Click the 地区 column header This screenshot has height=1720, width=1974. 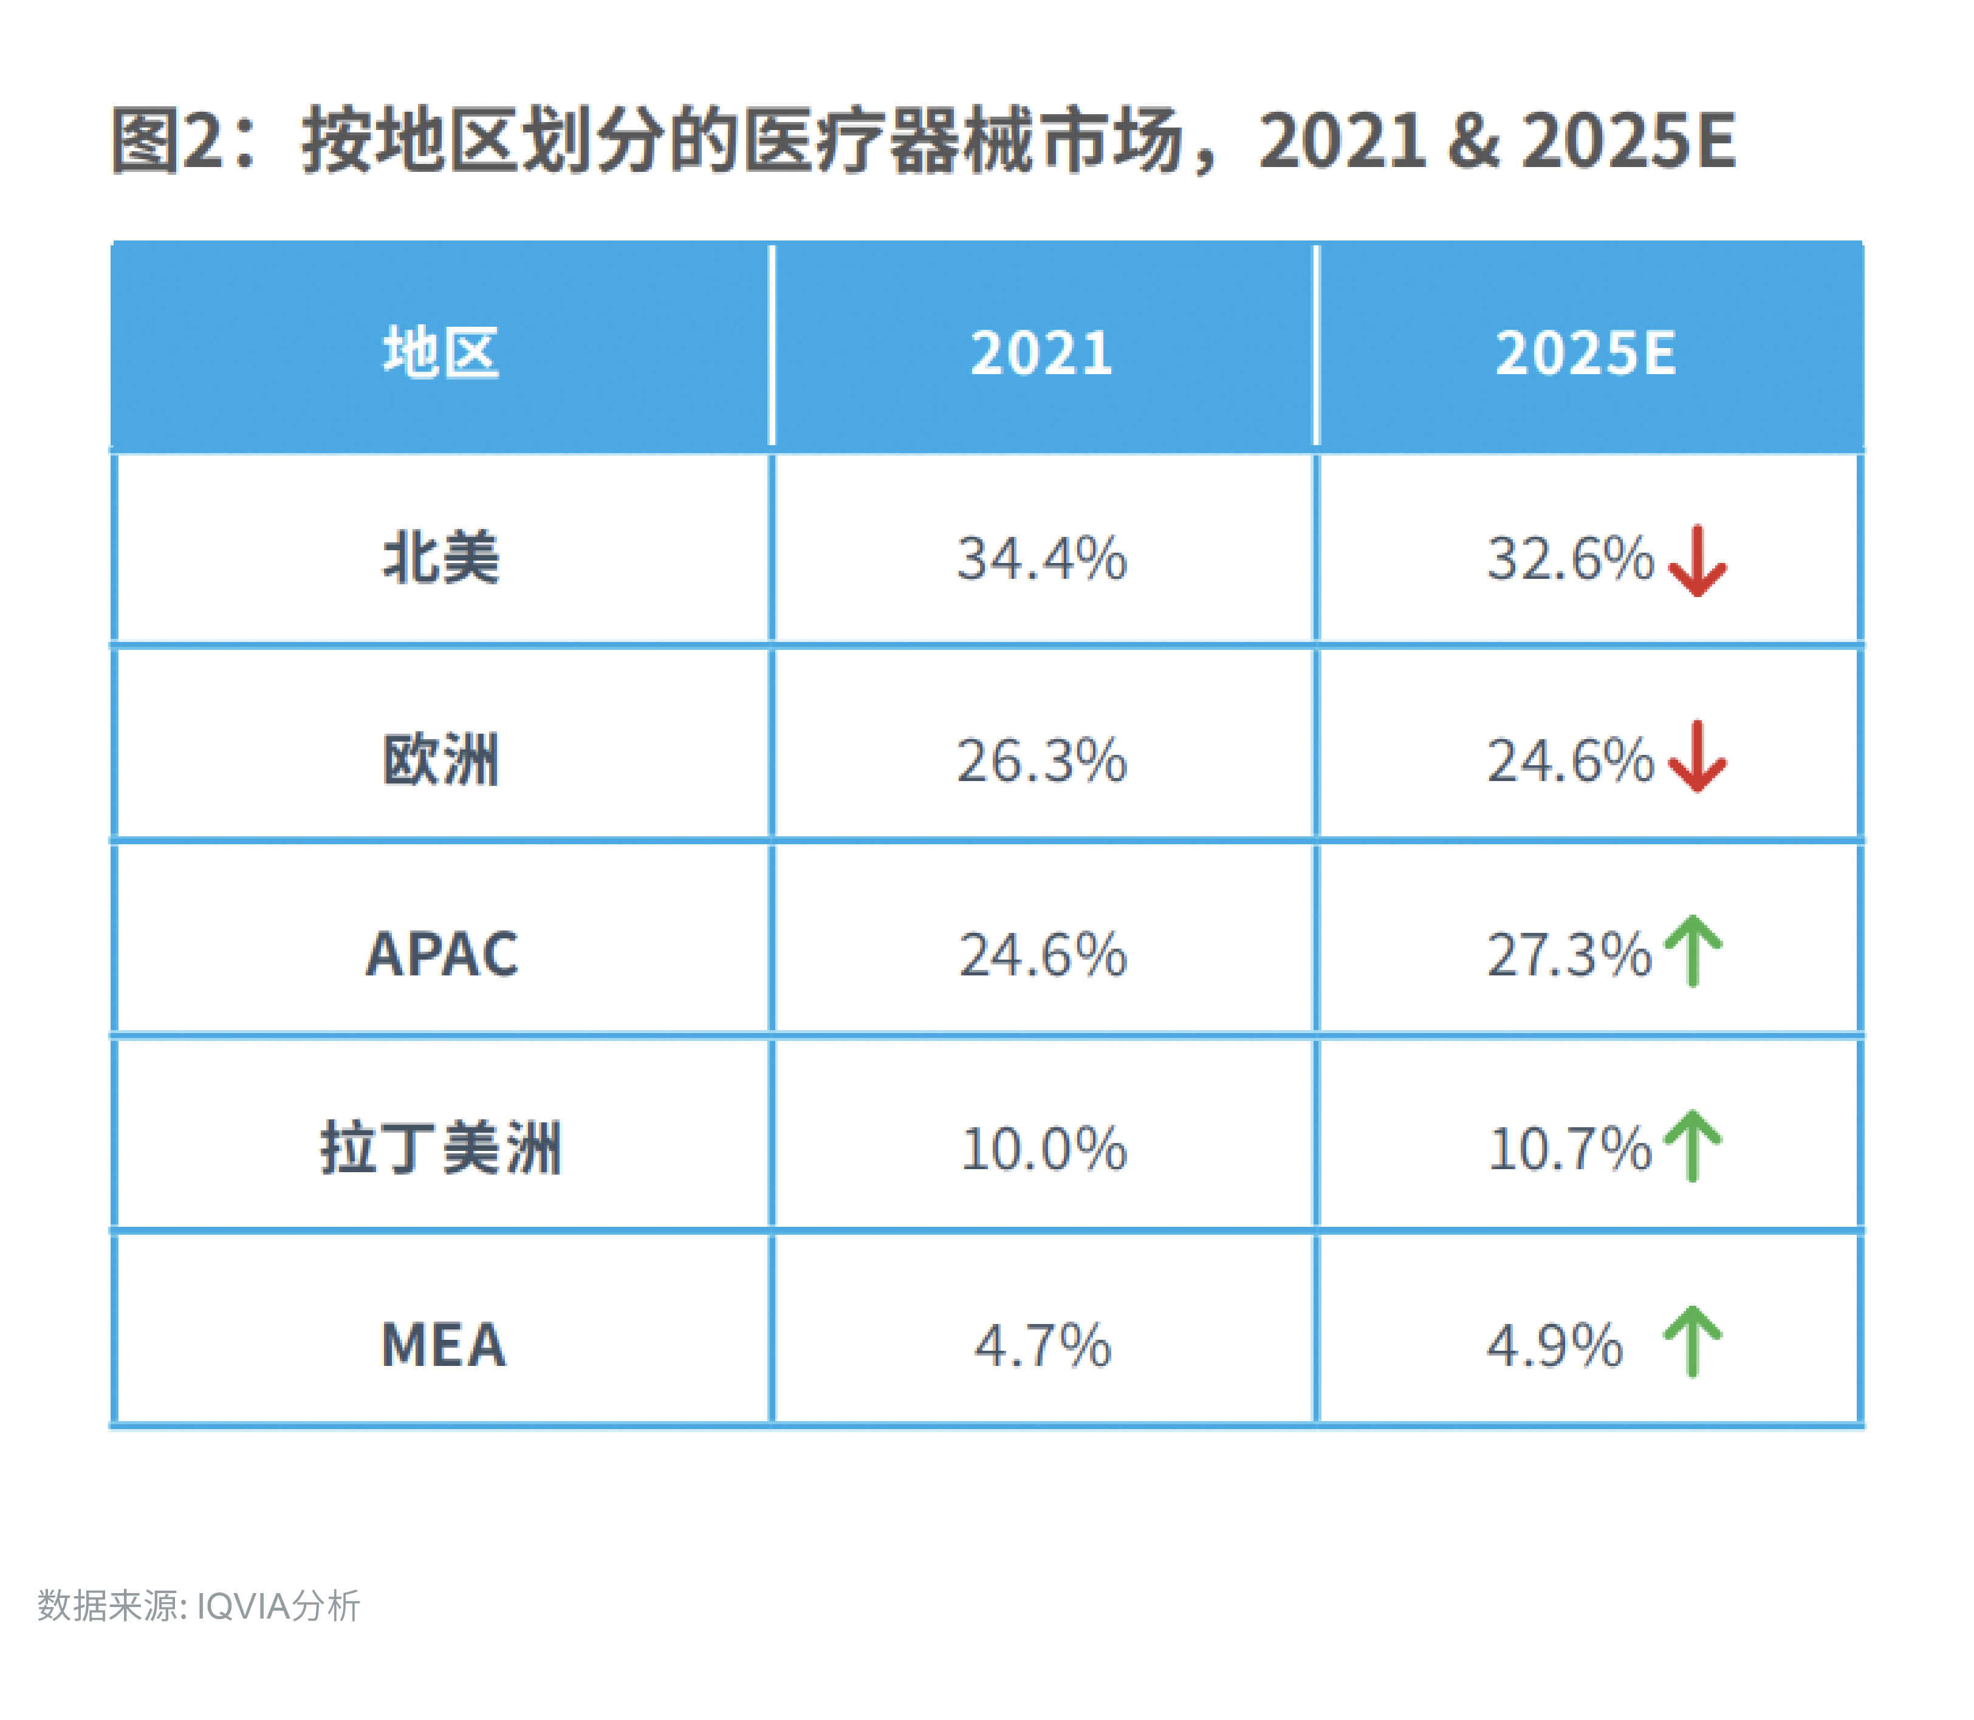(440, 352)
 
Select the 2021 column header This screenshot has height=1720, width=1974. (1042, 352)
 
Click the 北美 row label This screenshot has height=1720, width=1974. (440, 558)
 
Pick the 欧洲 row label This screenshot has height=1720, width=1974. (440, 760)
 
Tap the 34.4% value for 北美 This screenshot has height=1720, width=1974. (1042, 558)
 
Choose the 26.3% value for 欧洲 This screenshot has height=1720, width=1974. (1042, 760)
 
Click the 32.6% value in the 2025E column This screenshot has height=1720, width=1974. (1571, 558)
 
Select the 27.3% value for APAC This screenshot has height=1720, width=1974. (1569, 954)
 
